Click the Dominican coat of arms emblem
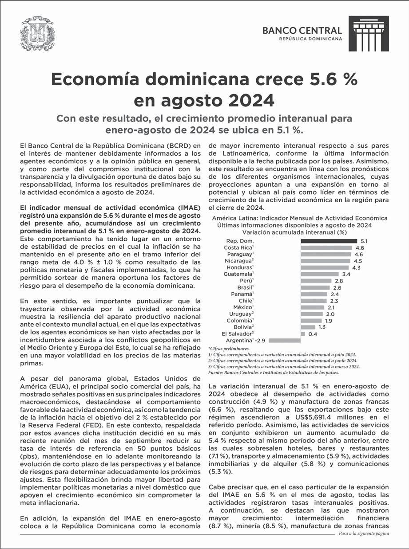pyautogui.click(x=37, y=35)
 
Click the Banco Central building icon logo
pyautogui.click(x=368, y=34)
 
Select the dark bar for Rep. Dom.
pyautogui.click(x=329, y=240)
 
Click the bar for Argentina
pyautogui.click(x=285, y=341)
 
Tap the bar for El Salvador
pyautogui.click(x=303, y=333)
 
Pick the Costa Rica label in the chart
pyautogui.click(x=238, y=247)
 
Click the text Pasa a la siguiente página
pyautogui.click(x=363, y=533)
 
